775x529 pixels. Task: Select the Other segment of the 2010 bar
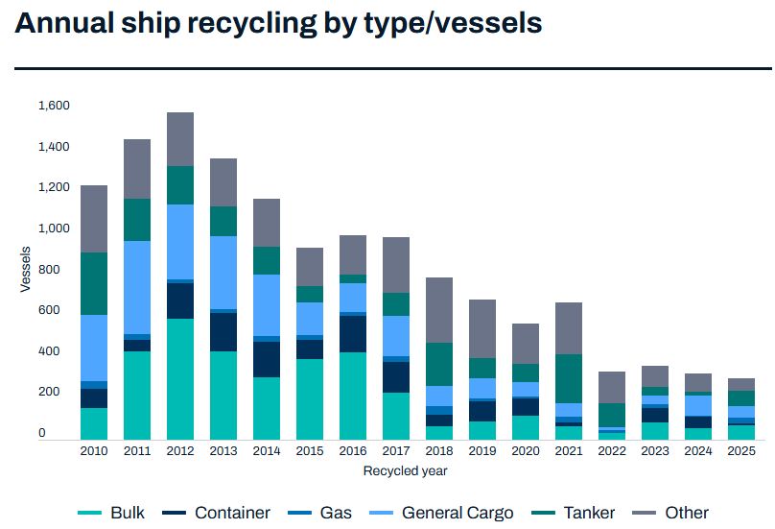93,219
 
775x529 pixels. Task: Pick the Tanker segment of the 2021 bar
569,378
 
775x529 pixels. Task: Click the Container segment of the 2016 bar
352,334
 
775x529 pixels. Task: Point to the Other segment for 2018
439,310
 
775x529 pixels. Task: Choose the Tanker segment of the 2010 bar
93,283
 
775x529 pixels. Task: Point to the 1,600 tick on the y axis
54,106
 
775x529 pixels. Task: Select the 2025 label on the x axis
741,451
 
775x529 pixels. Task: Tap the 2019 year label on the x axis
482,451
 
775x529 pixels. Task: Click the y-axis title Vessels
26,270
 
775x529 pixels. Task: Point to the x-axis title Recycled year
405,470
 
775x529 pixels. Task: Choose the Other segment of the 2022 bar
612,387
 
